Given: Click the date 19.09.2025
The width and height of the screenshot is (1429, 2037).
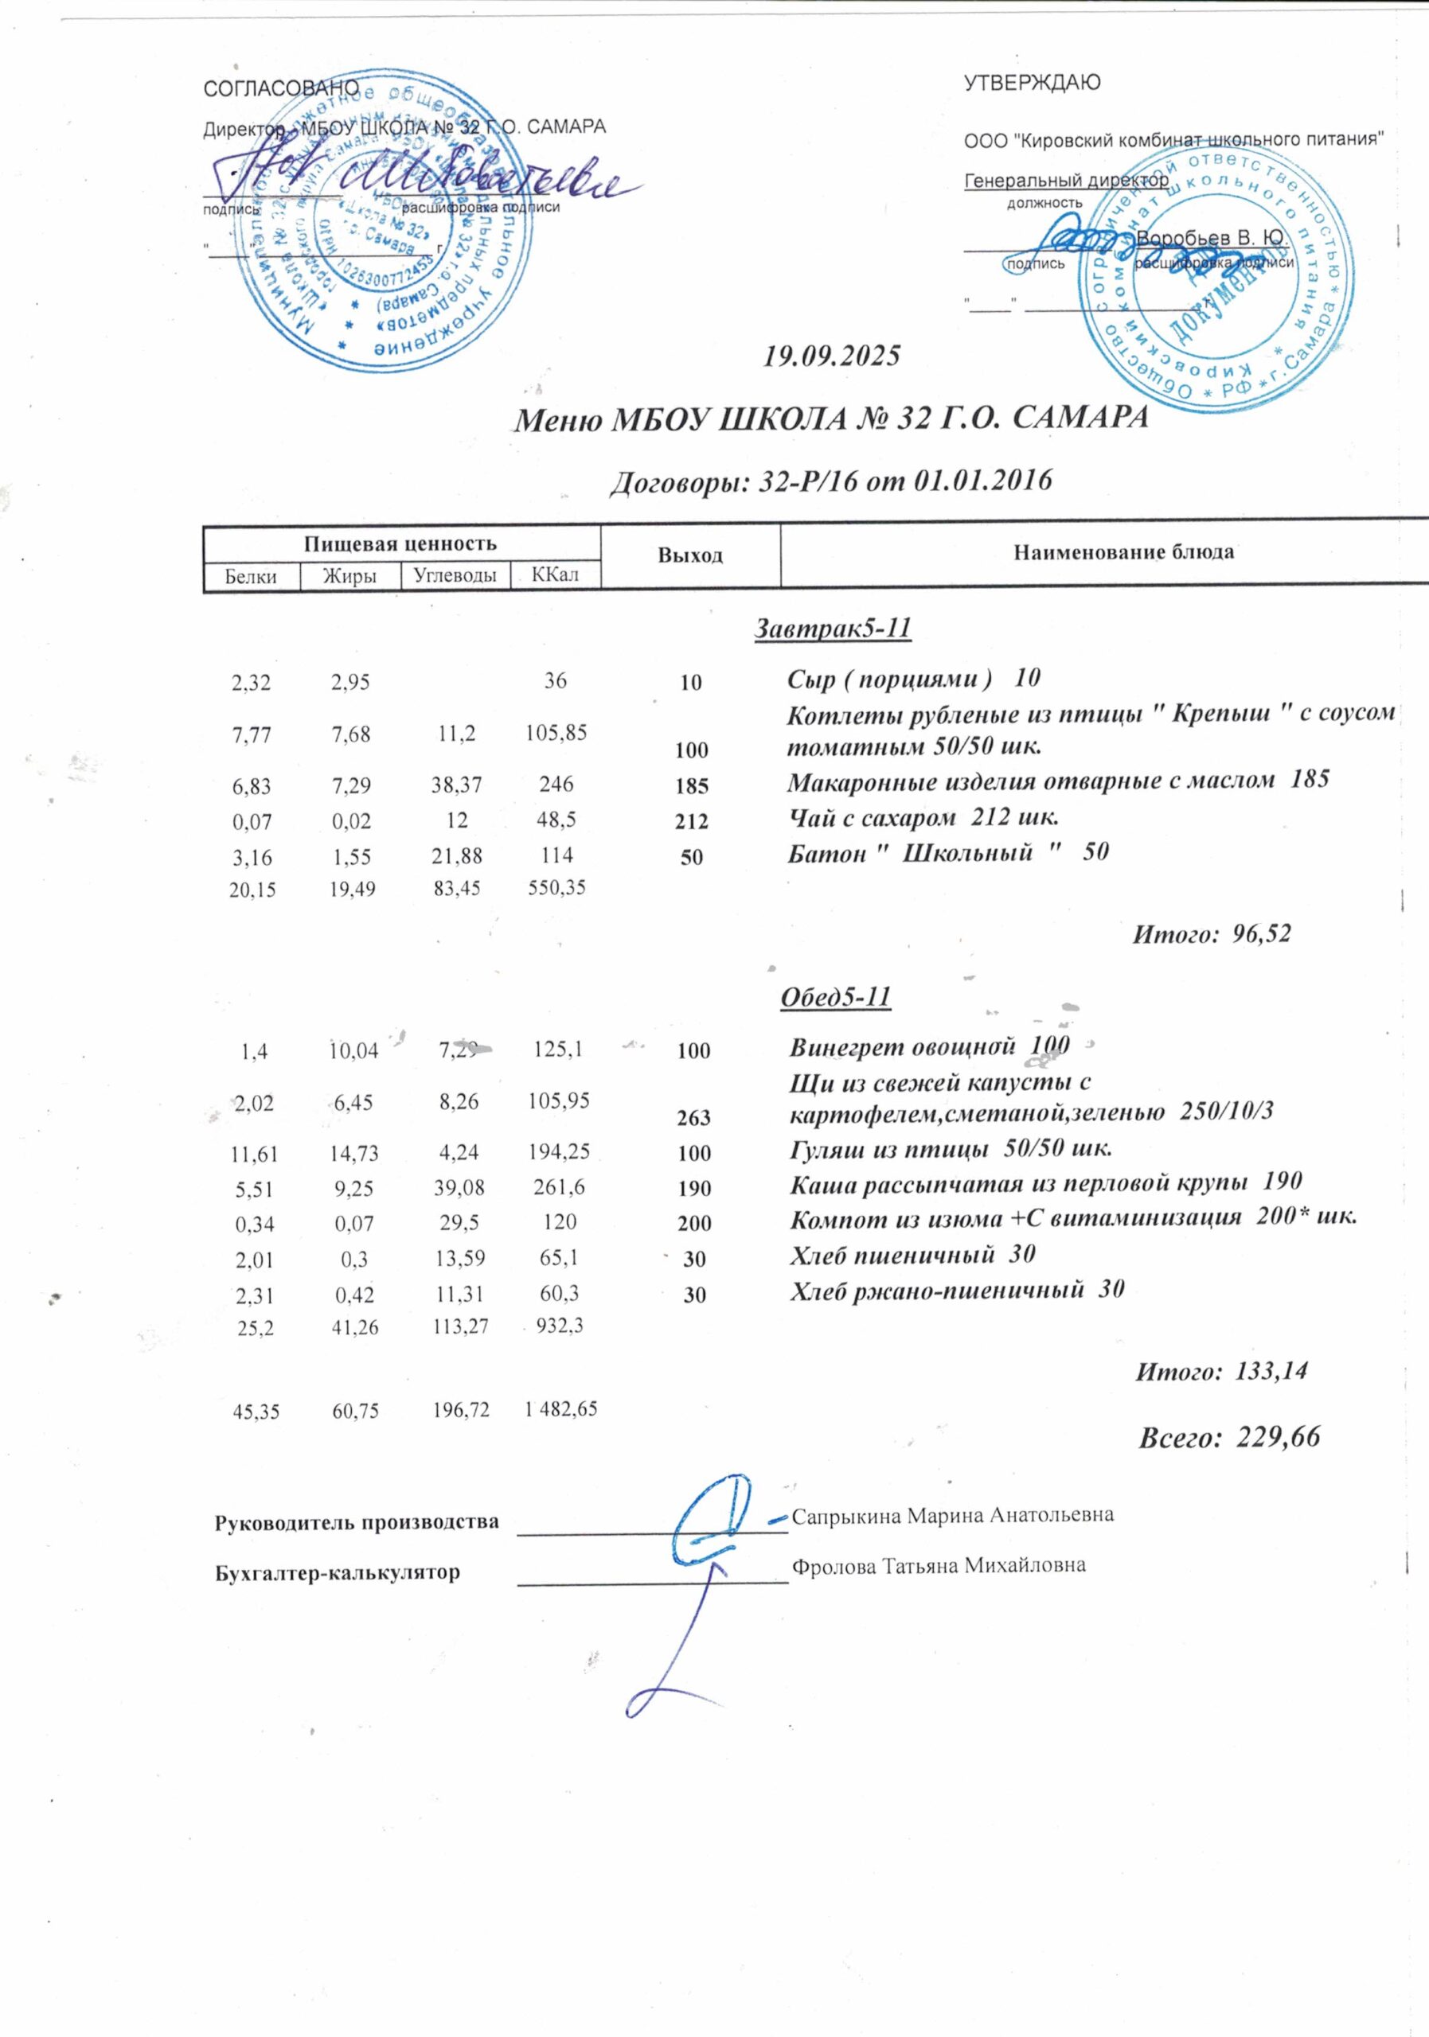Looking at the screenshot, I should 832,356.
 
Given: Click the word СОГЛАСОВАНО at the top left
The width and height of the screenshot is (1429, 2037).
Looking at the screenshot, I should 280,88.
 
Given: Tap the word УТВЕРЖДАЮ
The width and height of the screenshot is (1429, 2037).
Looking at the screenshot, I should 1033,84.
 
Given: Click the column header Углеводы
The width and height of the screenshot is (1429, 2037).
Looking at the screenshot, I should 455,576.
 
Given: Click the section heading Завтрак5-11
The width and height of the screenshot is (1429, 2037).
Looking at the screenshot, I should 833,628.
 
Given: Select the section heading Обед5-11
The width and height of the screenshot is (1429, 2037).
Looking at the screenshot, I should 834,996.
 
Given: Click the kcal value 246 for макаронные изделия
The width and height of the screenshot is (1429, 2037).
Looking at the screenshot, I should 556,784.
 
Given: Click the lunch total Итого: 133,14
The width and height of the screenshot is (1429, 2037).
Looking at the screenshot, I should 1221,1371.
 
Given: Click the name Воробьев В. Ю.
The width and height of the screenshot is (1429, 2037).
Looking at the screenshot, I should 1212,239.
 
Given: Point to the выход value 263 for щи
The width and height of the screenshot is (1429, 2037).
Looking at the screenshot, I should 694,1118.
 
